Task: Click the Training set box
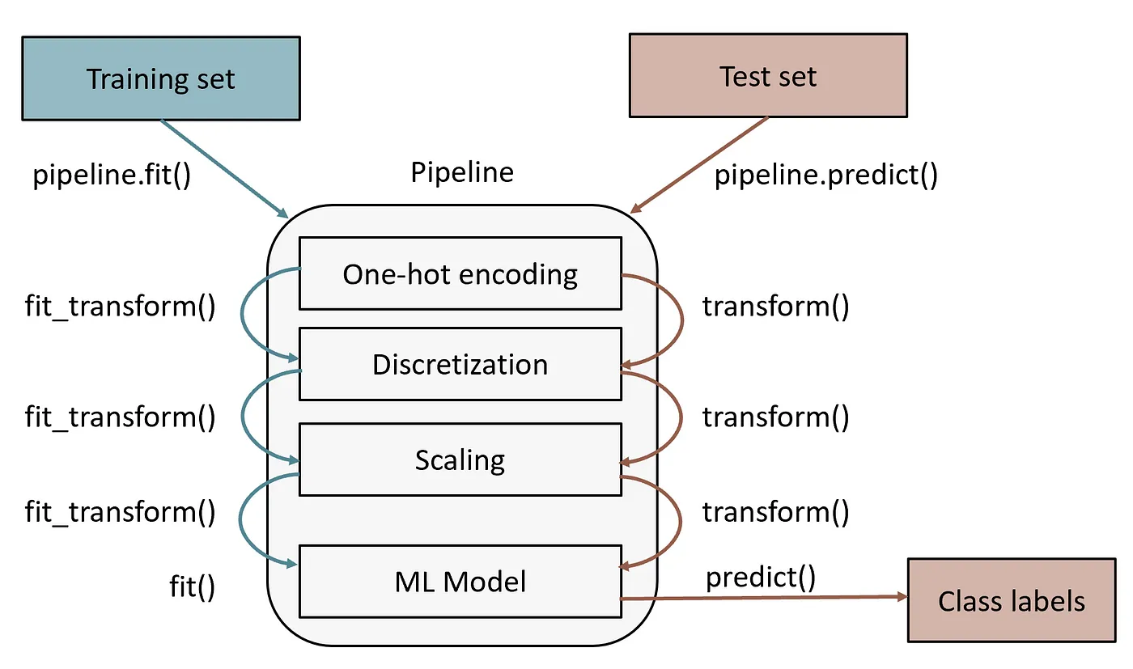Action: (160, 78)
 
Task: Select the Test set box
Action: (767, 76)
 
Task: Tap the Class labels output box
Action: (1011, 600)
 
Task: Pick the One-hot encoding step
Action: (460, 273)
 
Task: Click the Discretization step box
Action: (460, 364)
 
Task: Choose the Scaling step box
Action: (460, 459)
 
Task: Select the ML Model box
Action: (460, 581)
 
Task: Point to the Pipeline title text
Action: (461, 172)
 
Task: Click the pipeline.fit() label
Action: (112, 175)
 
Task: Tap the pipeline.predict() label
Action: (825, 175)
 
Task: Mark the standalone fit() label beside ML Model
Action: (193, 586)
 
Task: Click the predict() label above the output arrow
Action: (761, 577)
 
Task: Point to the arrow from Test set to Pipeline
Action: (699, 166)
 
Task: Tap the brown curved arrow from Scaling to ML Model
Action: (681, 522)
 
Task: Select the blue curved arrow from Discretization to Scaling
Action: (244, 414)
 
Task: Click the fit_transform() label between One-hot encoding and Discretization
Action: (121, 307)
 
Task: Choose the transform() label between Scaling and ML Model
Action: (775, 511)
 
